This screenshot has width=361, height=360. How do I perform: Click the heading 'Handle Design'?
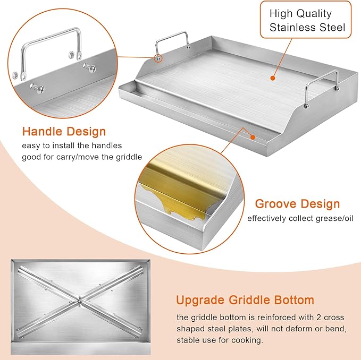click(x=64, y=131)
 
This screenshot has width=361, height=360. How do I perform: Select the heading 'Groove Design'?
click(x=297, y=203)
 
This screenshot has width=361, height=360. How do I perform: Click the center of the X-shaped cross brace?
click(x=79, y=301)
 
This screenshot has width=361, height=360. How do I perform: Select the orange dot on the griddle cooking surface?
click(x=272, y=78)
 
